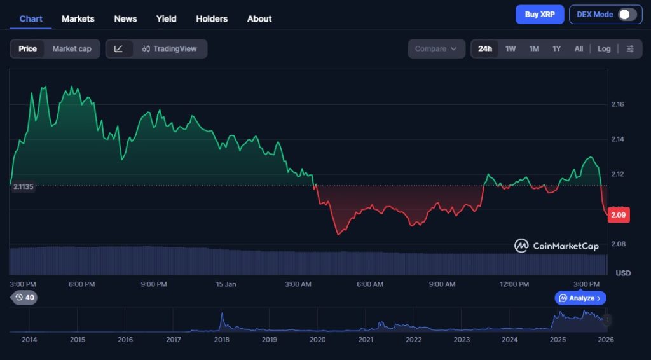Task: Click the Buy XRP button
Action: [x=540, y=14]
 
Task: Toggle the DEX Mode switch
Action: [x=627, y=14]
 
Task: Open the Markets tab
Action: [x=78, y=18]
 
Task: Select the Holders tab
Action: [x=212, y=18]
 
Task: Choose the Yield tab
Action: [x=167, y=18]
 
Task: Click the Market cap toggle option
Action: [x=72, y=48]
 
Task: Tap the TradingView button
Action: [x=170, y=48]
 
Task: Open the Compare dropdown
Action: [x=436, y=48]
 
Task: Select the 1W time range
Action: [x=511, y=48]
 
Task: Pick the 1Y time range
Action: [x=557, y=48]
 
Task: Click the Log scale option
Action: [x=604, y=48]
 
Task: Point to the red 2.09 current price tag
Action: [x=619, y=215]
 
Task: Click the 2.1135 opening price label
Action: [x=23, y=186]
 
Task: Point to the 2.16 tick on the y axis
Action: [x=617, y=104]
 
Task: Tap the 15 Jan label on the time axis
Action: [x=226, y=284]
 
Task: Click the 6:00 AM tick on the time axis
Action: [x=370, y=284]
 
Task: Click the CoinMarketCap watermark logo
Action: [x=557, y=246]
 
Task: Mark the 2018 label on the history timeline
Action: [x=221, y=340]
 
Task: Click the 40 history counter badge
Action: [x=25, y=297]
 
